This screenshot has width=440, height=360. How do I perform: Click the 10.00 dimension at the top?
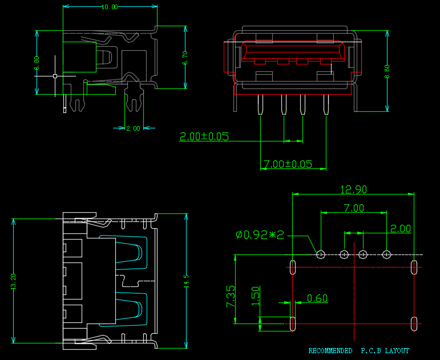[110, 7]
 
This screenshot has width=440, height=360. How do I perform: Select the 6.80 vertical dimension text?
[37, 63]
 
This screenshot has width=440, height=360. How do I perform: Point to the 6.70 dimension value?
[185, 58]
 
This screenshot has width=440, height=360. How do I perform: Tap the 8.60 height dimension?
[387, 71]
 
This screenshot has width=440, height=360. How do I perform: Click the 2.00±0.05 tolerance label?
[204, 136]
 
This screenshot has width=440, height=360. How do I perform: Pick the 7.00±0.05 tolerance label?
[288, 164]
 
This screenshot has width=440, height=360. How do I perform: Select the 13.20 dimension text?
[13, 282]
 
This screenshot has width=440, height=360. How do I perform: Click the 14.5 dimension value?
[186, 281]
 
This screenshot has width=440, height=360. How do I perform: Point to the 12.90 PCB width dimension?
[353, 190]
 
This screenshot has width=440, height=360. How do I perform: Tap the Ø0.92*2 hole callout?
[260, 234]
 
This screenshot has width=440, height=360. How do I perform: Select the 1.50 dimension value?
[256, 295]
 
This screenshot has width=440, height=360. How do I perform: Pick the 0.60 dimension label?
[317, 298]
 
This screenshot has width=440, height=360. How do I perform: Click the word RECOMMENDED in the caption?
[330, 351]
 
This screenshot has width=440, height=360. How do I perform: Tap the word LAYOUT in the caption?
[397, 351]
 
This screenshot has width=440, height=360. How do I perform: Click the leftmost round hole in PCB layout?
[321, 254]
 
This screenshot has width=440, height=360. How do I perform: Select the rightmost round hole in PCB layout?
[386, 254]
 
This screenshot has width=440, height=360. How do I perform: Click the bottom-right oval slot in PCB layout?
[413, 324]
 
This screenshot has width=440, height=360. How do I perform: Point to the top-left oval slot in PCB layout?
[293, 266]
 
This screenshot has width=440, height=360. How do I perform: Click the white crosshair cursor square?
[55, 75]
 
